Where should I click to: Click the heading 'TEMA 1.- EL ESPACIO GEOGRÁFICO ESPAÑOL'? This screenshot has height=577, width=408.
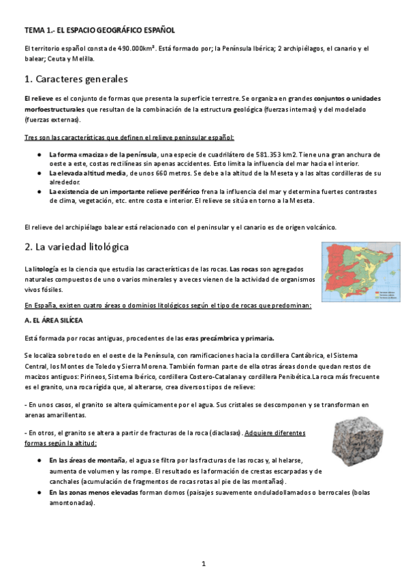tap(99, 31)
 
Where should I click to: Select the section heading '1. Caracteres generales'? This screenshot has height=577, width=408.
tap(76, 79)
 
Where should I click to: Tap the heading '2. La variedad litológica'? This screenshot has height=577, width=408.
tap(76, 246)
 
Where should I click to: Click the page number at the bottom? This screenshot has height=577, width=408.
tap(204, 563)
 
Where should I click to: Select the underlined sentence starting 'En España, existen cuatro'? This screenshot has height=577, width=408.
tap(167, 305)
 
